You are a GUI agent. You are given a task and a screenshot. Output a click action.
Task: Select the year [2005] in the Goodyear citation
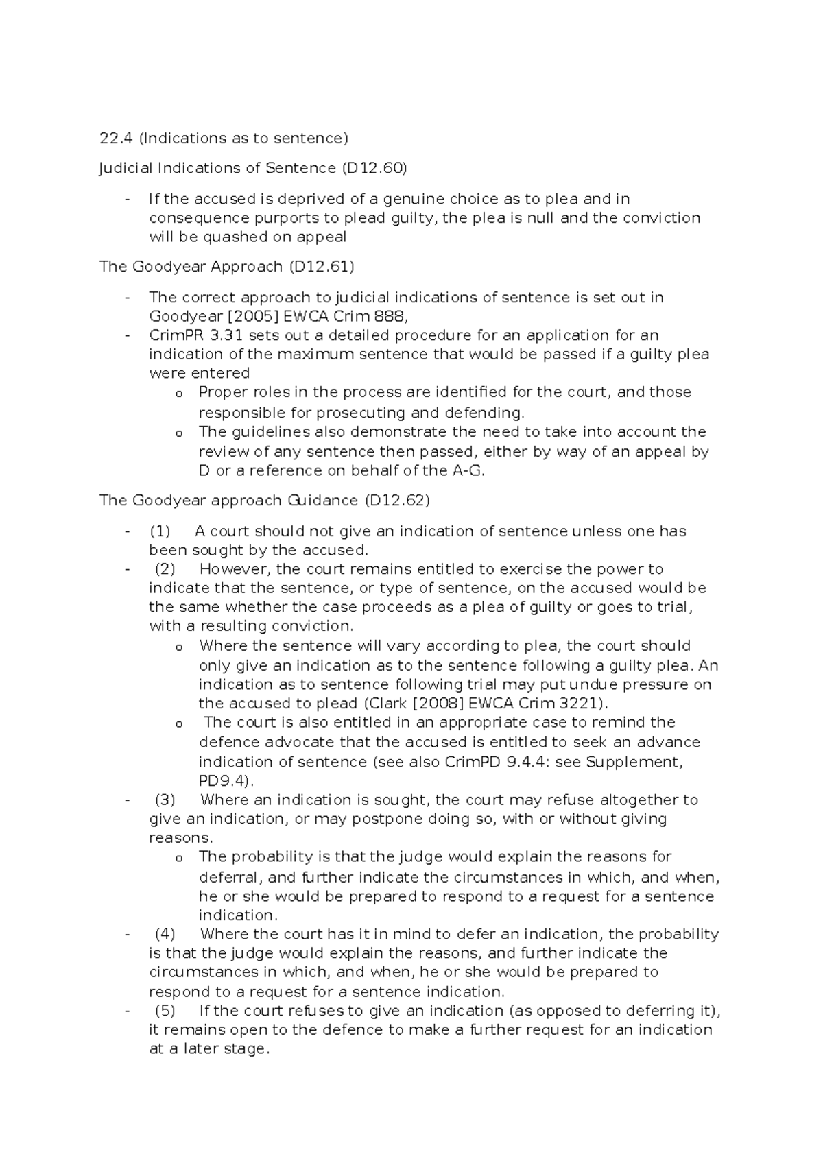point(250,317)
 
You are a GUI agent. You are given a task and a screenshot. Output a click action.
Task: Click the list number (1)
point(160,531)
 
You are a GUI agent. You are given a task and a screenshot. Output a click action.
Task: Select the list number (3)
point(165,800)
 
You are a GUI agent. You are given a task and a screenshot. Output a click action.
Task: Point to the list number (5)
point(165,1011)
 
